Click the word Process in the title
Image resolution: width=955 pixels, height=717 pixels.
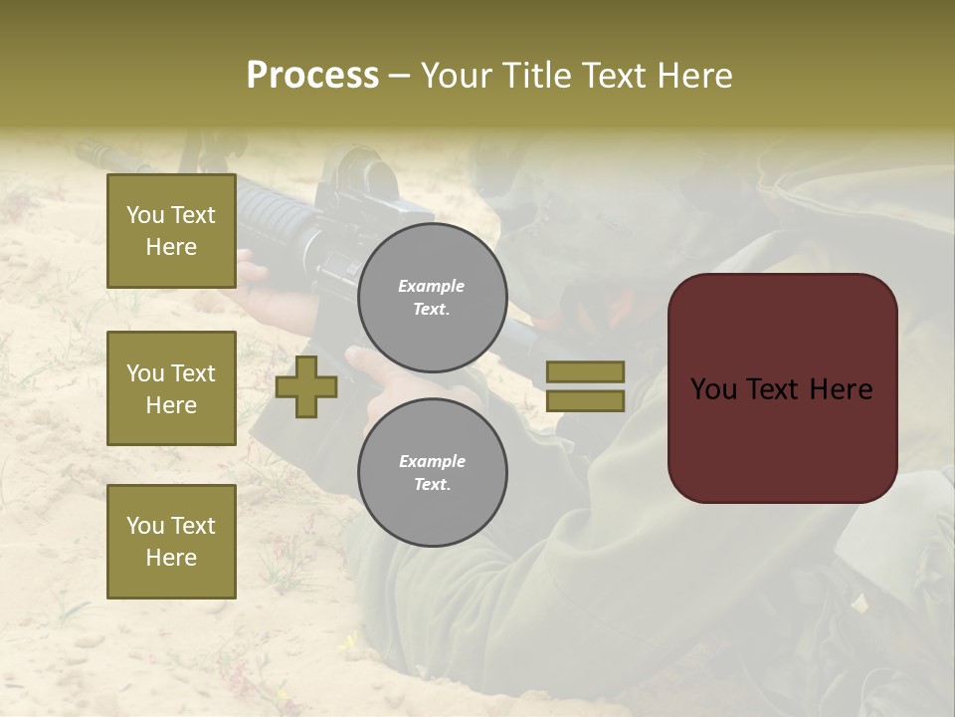point(312,76)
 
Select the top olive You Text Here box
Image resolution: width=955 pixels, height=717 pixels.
point(171,231)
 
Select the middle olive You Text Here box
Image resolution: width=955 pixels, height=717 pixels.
point(171,388)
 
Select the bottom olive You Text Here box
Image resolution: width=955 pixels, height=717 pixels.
point(171,542)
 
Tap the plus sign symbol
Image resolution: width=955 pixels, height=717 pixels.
point(306,386)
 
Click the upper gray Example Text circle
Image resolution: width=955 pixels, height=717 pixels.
point(432,298)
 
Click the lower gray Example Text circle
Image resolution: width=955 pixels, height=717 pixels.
point(432,472)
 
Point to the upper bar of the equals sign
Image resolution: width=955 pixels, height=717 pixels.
point(586,371)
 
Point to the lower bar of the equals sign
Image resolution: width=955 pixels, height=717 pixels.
point(586,401)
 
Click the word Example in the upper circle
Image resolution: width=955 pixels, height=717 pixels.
point(432,286)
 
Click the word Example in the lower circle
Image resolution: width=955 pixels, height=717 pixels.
point(432,461)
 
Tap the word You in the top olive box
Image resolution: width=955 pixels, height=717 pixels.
point(144,215)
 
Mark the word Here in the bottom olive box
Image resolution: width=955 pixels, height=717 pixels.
point(171,558)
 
